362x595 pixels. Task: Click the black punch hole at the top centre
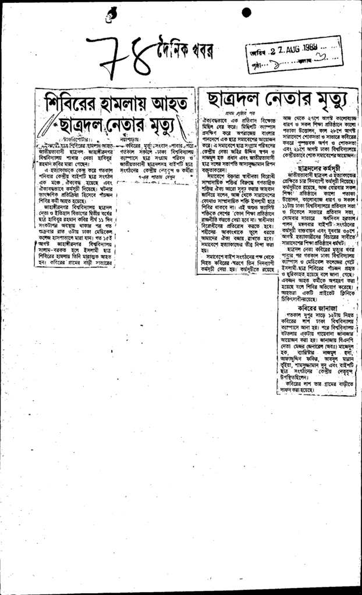tap(247, 12)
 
